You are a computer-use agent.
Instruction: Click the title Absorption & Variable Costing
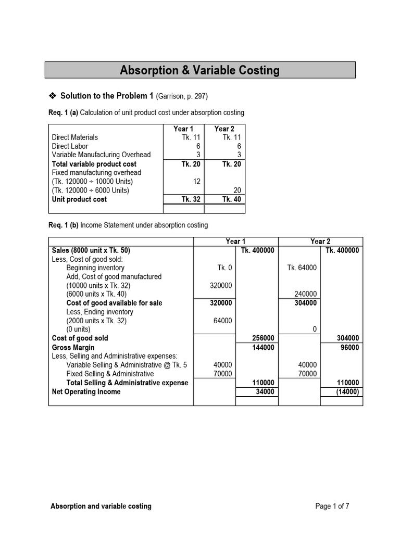point(199,70)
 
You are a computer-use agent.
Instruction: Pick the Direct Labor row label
point(70,146)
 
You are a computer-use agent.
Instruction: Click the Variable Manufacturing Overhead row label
point(101,155)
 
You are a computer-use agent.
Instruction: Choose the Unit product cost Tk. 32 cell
point(191,199)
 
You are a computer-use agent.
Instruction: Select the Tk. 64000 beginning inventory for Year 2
point(302,268)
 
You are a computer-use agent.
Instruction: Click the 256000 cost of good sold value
point(263,338)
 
